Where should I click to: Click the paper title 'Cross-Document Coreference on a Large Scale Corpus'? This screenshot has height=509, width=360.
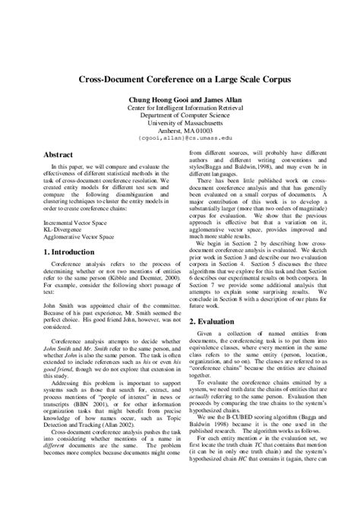pos(179,78)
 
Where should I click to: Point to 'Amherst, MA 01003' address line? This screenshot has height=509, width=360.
pos(179,130)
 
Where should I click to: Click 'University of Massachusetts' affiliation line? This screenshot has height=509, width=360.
pos(179,122)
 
